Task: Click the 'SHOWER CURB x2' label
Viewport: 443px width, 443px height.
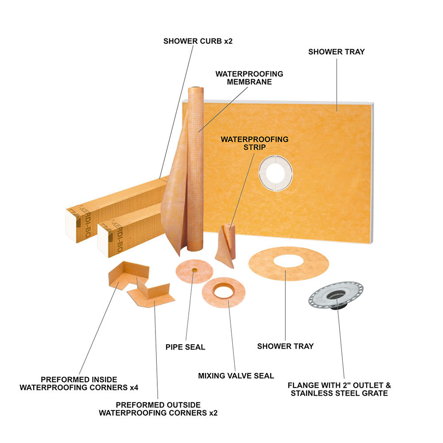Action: (x=198, y=41)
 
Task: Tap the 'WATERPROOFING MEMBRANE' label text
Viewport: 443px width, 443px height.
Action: (x=249, y=78)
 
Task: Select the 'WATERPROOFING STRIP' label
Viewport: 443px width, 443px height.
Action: (x=255, y=143)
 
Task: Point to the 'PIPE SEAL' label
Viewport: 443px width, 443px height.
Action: (x=185, y=347)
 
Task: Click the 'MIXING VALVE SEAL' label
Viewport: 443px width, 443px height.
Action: (x=236, y=376)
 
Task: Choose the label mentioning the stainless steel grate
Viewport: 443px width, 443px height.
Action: (x=339, y=389)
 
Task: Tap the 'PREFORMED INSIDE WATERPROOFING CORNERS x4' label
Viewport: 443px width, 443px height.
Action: (x=79, y=383)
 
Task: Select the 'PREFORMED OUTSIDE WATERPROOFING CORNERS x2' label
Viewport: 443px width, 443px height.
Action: (x=158, y=409)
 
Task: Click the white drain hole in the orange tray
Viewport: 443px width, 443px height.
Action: (x=276, y=173)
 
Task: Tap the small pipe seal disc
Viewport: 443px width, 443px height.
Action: (x=194, y=271)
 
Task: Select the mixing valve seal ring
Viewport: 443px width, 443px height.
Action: (x=223, y=292)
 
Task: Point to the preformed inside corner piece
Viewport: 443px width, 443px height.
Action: (x=128, y=274)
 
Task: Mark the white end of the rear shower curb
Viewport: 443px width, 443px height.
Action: (x=71, y=225)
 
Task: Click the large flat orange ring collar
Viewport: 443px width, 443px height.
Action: (x=289, y=263)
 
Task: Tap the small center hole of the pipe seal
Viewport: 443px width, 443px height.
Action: (x=194, y=270)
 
